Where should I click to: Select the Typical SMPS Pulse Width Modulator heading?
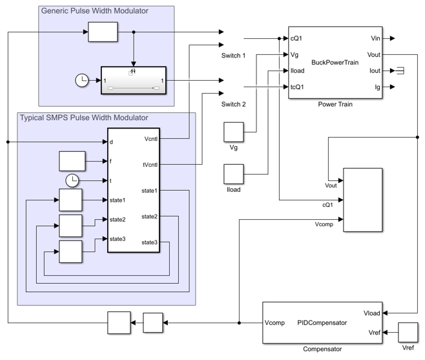84,118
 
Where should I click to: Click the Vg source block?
233,132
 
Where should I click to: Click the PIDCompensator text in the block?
322,322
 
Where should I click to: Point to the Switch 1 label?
234,56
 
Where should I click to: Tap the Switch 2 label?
234,103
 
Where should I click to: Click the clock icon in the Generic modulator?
82,81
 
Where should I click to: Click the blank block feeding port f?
72,160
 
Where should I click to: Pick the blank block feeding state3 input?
70,252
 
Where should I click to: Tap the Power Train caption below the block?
335,104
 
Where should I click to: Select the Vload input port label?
372,313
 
